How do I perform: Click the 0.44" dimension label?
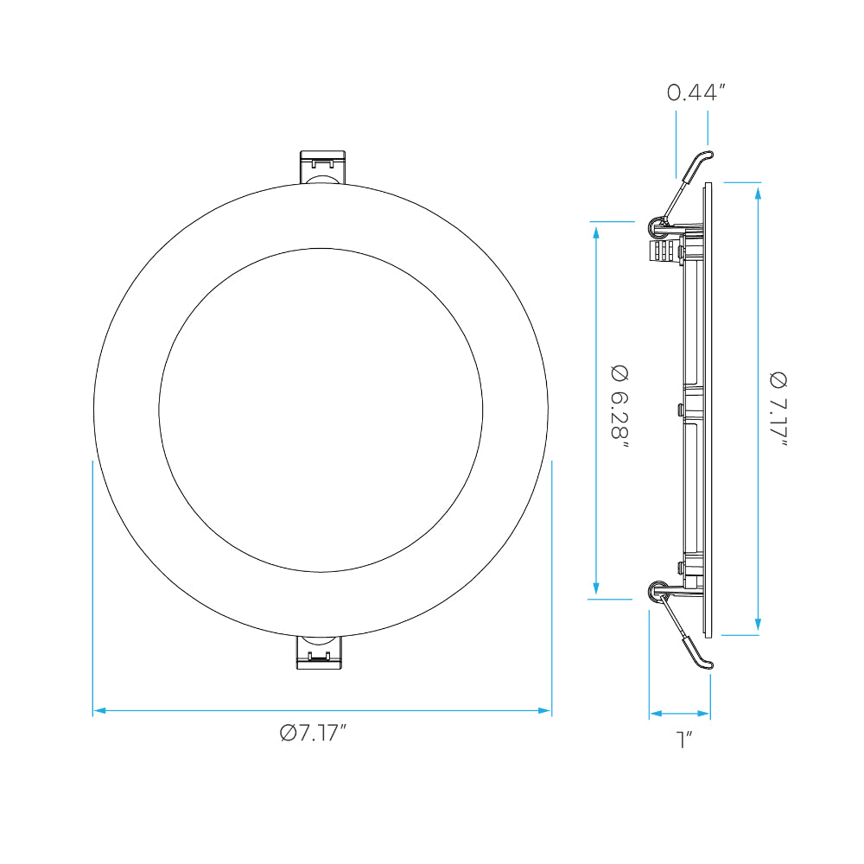click(696, 92)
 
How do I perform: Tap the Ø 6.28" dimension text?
click(619, 408)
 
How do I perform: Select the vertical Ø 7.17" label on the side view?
click(778, 410)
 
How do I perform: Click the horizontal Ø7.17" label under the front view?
click(313, 733)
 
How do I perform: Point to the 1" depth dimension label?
click(683, 740)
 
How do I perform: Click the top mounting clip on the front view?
click(322, 167)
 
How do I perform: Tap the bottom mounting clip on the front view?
click(320, 652)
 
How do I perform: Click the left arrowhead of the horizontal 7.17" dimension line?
click(99, 711)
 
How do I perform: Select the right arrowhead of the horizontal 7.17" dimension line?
click(544, 711)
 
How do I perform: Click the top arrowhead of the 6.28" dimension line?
click(596, 233)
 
